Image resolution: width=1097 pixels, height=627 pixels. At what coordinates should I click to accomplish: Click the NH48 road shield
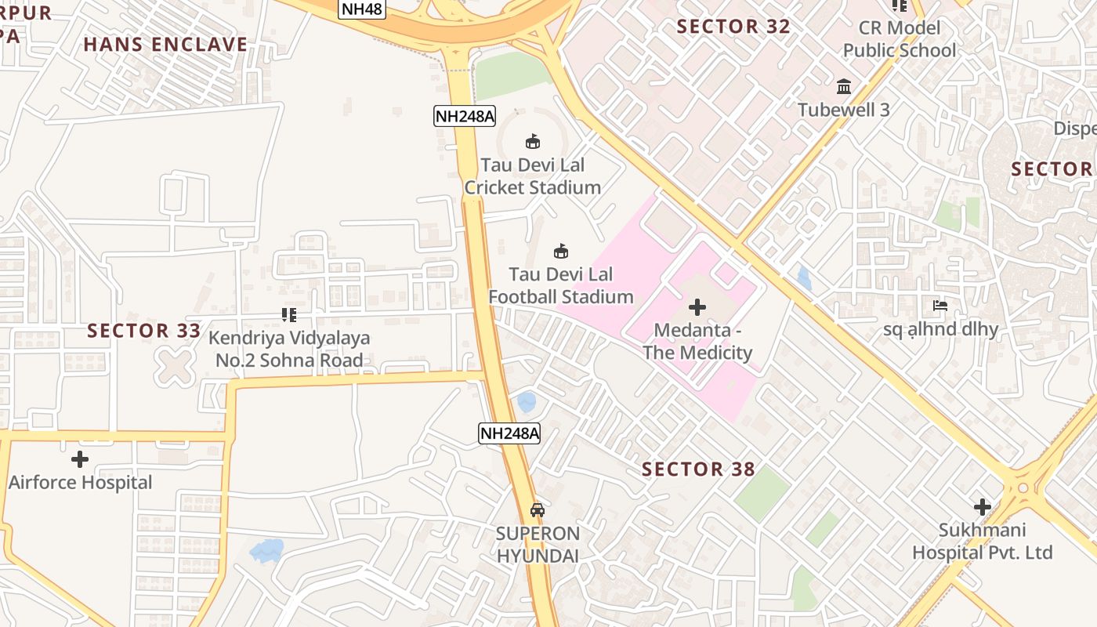coord(361,9)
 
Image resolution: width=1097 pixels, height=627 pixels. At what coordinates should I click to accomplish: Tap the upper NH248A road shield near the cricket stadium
coord(465,116)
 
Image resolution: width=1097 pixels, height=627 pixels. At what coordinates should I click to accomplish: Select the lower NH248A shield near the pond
coord(509,433)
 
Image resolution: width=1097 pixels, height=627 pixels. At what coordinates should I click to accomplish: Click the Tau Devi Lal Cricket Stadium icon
coord(533,141)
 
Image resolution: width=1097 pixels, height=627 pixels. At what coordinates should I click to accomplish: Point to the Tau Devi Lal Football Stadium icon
coord(561,251)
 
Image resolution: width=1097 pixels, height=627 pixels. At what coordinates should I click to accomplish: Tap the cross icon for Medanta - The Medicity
coord(697,306)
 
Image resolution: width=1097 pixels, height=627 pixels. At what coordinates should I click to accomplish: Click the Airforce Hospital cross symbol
coord(80,458)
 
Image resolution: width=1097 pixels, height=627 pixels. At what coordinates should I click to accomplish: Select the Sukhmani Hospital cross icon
coord(982,507)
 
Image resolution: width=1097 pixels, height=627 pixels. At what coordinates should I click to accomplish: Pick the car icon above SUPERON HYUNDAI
coord(538,509)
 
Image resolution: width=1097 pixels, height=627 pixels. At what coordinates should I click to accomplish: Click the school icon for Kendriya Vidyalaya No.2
coord(288,315)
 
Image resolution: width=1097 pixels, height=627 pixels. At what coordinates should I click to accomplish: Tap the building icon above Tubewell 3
coord(844,85)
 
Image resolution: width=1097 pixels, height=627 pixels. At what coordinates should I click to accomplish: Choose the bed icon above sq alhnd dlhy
coord(940,305)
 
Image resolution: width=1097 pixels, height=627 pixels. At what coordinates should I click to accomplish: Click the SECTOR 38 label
coord(698,469)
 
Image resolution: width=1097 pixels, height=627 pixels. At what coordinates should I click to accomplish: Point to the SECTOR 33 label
coord(144,331)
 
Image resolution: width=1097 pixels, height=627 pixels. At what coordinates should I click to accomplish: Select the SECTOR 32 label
coord(733,27)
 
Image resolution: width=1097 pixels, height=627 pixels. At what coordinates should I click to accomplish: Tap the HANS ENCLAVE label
coord(165,45)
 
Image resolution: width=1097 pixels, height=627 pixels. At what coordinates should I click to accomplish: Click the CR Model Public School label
coord(900,39)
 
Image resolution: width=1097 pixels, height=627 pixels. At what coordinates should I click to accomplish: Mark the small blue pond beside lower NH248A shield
coord(527,402)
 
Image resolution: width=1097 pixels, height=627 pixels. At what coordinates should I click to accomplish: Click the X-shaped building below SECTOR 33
coord(174,367)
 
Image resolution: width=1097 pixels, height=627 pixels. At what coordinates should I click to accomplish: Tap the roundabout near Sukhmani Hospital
coord(1022,488)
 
